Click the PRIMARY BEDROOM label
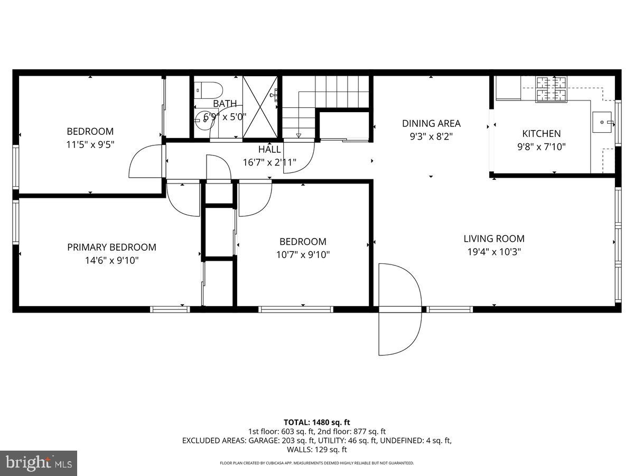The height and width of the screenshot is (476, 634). (x=111, y=247)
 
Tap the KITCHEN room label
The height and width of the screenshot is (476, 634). (x=541, y=134)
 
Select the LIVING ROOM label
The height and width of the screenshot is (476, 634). (x=494, y=239)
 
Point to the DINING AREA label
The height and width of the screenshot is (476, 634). (x=431, y=123)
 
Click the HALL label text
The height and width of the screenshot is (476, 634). (x=269, y=150)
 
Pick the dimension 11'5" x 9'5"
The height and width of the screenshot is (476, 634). (x=90, y=144)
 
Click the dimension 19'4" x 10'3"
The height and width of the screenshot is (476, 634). (x=494, y=252)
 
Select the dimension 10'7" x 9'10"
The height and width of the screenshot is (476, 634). (x=303, y=254)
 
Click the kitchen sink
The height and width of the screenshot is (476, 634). (x=602, y=122)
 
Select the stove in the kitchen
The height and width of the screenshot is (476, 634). (x=551, y=89)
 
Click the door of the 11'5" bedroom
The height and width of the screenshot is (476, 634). (x=145, y=161)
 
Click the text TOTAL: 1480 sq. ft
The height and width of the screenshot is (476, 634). (x=316, y=422)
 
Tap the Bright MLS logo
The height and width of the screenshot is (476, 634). (x=39, y=463)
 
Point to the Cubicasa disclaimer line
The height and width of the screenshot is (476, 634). (x=316, y=463)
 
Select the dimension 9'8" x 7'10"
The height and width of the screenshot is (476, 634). (x=541, y=147)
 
